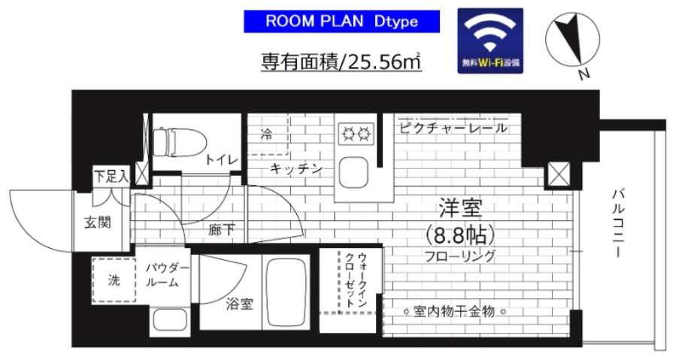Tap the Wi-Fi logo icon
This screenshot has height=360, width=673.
pos(491,41)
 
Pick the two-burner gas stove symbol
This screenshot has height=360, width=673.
pos(356,135)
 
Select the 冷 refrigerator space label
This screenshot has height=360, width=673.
pos(266,135)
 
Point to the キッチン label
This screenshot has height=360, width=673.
pos(297,170)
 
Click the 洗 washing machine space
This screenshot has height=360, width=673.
pos(114,280)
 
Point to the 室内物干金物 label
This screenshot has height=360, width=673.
pos(453,310)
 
